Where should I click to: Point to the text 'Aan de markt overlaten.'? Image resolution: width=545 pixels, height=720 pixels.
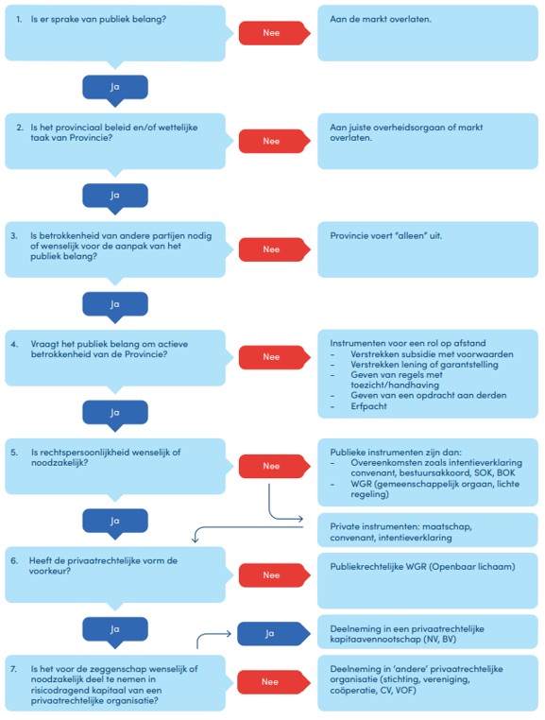pos(381,19)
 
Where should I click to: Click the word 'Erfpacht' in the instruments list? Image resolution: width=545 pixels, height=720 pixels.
pos(368,406)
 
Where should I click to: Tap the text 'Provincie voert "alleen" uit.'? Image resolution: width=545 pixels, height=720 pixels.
pos(385,236)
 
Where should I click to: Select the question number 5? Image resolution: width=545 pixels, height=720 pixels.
pos(14,453)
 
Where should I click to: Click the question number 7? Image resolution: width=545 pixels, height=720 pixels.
pos(14,669)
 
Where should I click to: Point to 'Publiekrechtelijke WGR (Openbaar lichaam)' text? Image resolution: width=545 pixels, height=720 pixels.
pos(422,567)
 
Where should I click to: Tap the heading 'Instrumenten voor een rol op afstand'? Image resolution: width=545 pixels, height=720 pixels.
pos(408,343)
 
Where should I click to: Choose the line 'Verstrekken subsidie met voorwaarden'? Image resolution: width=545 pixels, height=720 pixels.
pos(432,354)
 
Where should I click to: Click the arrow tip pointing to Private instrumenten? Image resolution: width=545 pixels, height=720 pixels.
pos(303,519)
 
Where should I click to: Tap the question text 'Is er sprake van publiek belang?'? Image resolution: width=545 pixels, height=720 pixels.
pos(98,19)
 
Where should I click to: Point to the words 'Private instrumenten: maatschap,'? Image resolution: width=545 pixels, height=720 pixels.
pos(400,526)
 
